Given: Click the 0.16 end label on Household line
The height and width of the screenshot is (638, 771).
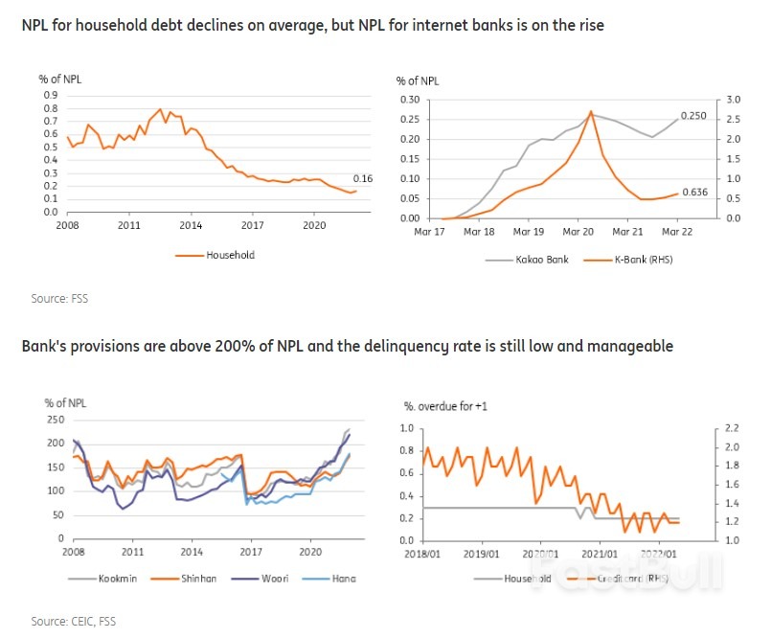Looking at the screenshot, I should pyautogui.click(x=362, y=179).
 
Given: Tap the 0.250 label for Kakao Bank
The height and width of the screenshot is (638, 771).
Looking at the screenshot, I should pyautogui.click(x=693, y=116).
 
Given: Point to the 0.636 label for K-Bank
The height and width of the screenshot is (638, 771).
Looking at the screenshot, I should pyautogui.click(x=693, y=193).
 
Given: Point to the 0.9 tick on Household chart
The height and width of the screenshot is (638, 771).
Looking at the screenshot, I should pyautogui.click(x=50, y=95).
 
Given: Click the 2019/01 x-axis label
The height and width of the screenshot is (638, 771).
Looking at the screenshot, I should pyautogui.click(x=482, y=553).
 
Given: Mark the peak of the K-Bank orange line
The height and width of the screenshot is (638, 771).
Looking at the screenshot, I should pyautogui.click(x=591, y=112).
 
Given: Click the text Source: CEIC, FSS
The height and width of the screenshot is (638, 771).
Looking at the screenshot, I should pyautogui.click(x=73, y=622).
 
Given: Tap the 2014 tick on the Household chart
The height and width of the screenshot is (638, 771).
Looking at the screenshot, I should pyautogui.click(x=191, y=225).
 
